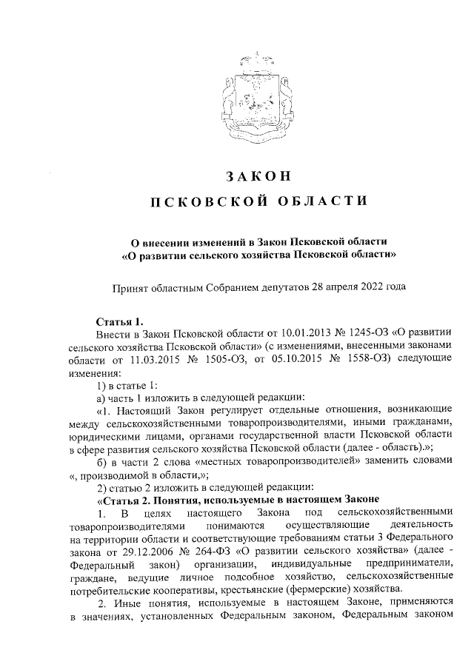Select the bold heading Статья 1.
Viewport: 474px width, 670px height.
[119, 321]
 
